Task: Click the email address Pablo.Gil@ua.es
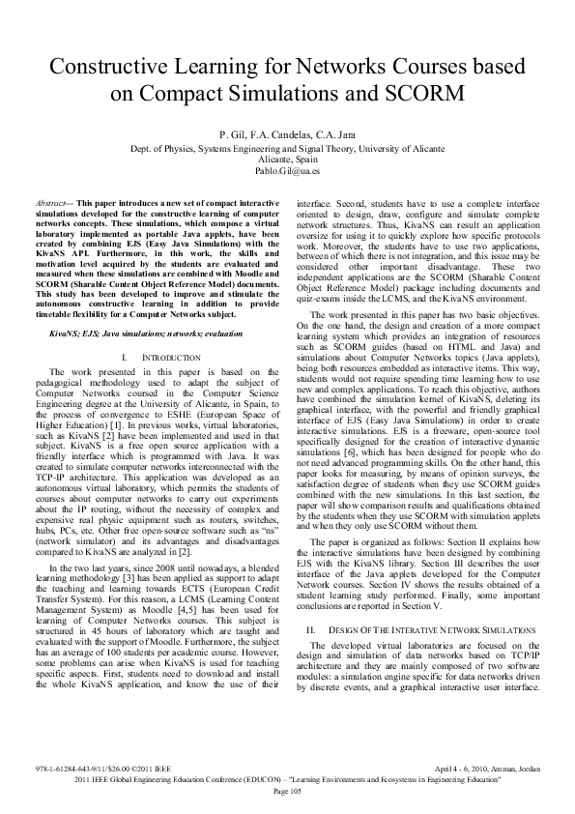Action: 288,169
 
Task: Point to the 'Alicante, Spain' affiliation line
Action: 288,159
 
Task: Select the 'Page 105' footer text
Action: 288,792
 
